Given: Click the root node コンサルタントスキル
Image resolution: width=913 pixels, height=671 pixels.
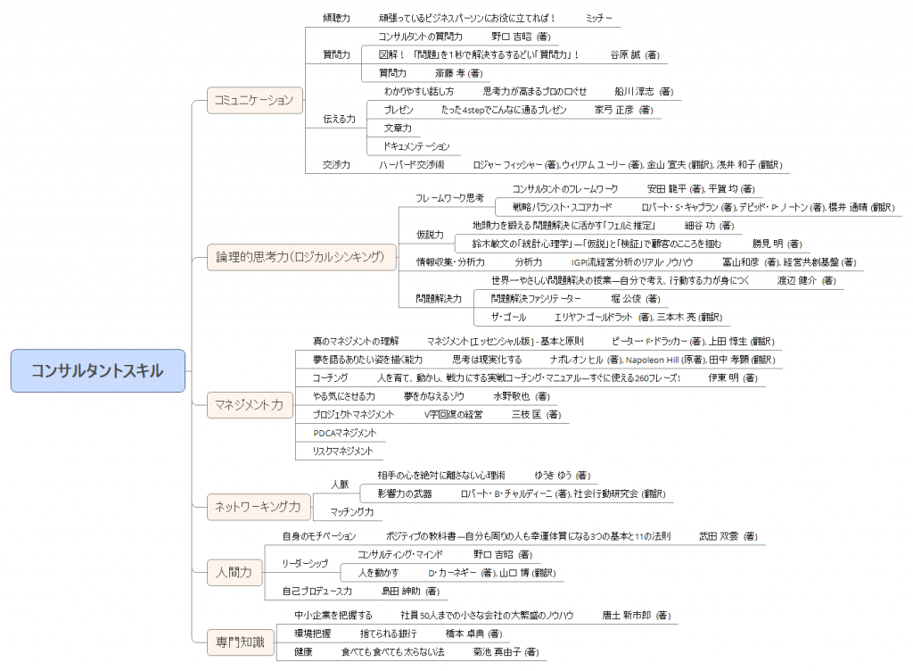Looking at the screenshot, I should point(98,370).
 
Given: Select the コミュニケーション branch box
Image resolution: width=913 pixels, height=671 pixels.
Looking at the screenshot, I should point(255,100).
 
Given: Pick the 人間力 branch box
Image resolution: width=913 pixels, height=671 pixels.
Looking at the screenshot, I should point(234,571).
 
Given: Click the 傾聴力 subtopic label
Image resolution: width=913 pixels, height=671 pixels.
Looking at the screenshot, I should point(336,18).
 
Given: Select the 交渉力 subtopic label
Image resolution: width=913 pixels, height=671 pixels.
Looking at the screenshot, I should point(336,165).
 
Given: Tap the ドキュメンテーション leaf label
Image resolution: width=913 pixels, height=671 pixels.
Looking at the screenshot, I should point(416,146).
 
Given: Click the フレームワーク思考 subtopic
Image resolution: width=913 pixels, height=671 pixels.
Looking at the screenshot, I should point(450,197).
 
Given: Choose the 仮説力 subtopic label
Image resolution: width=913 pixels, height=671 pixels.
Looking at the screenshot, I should point(430,235).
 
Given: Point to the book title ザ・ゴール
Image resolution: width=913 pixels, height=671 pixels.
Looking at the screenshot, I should point(508,317).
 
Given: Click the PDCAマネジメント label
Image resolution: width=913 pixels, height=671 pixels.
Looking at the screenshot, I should point(344,433).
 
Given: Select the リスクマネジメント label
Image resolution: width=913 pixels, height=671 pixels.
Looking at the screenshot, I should point(342,451).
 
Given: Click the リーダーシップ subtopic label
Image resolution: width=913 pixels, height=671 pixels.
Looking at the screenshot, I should point(305,564).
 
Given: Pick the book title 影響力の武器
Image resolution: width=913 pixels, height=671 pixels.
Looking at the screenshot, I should point(405,493).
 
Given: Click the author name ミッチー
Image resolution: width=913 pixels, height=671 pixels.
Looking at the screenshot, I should point(599,18).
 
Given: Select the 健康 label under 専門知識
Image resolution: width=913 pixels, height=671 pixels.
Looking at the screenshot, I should point(303,652).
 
